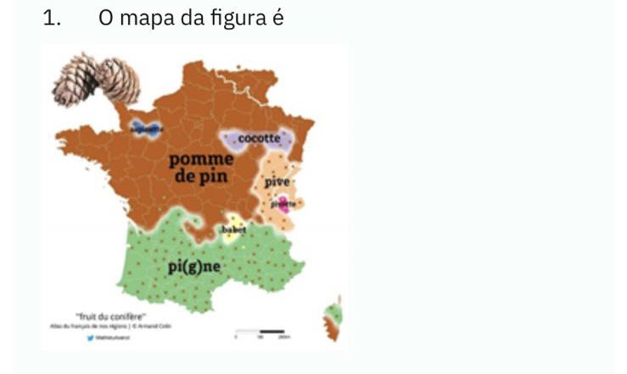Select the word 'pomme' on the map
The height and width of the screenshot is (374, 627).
[x=201, y=159]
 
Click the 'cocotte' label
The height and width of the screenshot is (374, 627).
[x=258, y=137]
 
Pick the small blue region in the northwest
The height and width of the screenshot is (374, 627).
[x=146, y=129]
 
